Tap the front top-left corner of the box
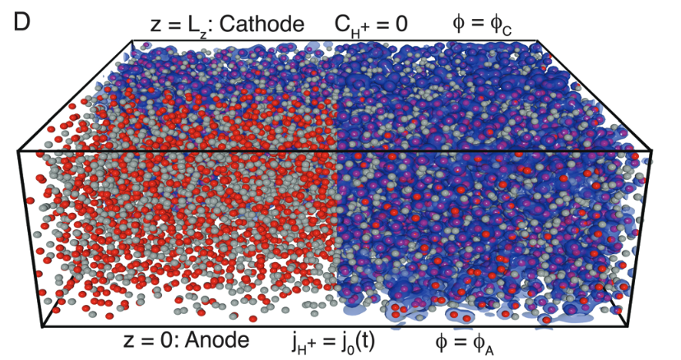[18, 151]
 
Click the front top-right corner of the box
[652, 151]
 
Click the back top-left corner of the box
[134, 39]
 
